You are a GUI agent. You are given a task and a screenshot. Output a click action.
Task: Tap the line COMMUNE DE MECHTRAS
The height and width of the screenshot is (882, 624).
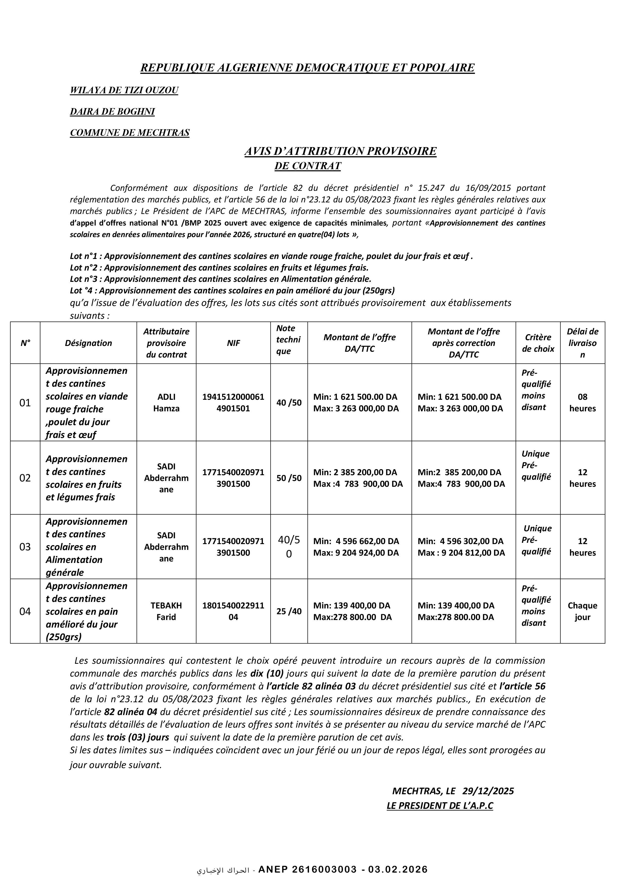tap(130, 133)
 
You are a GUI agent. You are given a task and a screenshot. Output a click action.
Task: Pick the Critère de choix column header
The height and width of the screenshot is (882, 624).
tap(538, 343)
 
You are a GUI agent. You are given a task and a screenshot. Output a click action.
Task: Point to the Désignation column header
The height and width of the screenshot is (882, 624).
tap(88, 343)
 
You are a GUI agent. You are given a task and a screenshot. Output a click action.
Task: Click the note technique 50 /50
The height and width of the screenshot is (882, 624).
tap(289, 478)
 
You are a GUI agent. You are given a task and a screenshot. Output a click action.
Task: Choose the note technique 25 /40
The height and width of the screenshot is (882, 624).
tap(289, 611)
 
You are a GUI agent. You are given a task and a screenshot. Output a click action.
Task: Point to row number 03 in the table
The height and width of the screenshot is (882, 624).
tap(25, 547)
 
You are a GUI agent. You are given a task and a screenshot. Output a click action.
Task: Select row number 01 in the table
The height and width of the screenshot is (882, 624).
tap(25, 403)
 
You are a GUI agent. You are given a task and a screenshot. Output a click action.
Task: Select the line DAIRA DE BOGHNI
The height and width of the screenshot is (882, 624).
tap(112, 112)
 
